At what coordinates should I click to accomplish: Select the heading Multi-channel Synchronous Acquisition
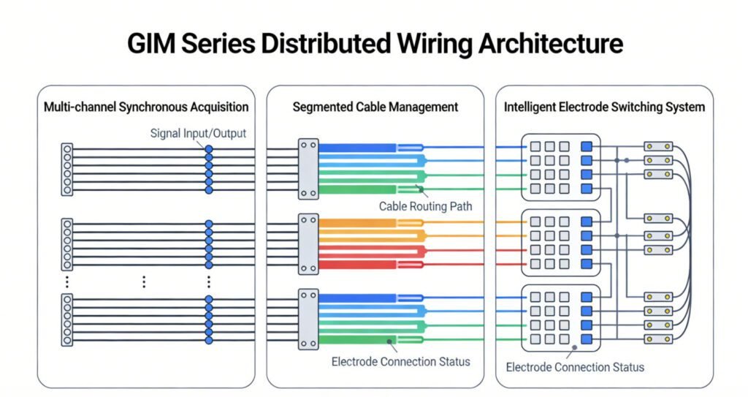click(146, 107)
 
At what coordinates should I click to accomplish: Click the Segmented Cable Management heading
click(375, 107)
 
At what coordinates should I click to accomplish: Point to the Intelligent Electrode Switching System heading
click(604, 107)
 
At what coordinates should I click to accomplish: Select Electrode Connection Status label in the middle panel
click(401, 361)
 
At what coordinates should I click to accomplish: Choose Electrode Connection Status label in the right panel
click(575, 366)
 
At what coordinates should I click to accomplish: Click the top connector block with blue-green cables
click(308, 169)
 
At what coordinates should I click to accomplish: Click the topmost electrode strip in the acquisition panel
click(67, 169)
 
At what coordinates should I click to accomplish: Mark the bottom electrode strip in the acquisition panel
click(67, 319)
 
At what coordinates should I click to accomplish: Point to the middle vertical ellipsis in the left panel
click(144, 281)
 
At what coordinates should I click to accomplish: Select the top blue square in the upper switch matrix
click(586, 146)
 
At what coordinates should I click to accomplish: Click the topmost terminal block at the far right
click(657, 146)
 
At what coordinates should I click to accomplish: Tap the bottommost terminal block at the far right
click(657, 339)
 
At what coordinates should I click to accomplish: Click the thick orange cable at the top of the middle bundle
click(358, 222)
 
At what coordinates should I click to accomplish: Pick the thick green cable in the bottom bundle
click(358, 339)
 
